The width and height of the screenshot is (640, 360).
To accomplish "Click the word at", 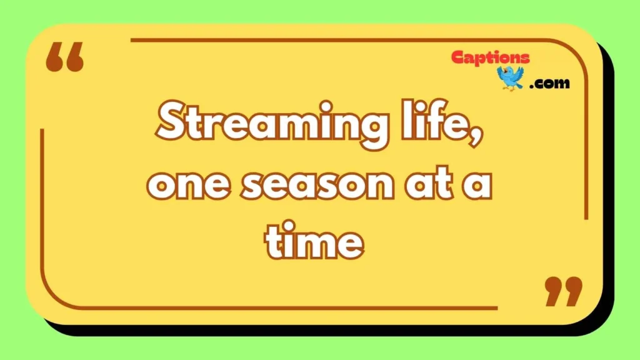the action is pos(429,183).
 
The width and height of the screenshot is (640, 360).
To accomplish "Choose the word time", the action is pos(314,240).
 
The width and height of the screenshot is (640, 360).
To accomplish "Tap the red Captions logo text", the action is pos(491,57).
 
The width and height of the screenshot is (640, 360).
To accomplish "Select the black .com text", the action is pos(549,83).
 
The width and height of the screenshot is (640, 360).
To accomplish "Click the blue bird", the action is pos(510,78).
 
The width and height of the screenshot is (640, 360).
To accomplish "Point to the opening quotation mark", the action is pos(64,57).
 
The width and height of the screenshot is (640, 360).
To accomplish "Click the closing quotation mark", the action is pos(564,291).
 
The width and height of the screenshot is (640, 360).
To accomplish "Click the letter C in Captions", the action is pos(458,57).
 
